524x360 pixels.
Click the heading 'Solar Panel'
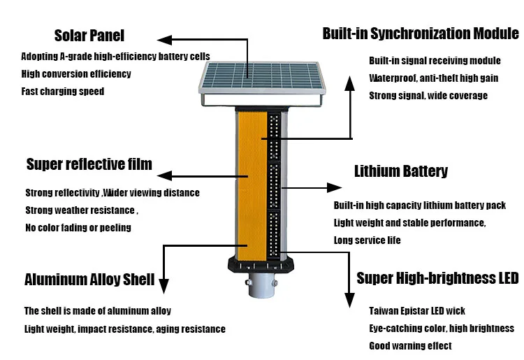click(x=89, y=36)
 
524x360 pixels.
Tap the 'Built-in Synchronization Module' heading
click(x=421, y=33)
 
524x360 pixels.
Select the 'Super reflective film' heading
click(x=89, y=165)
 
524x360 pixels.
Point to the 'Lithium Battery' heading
click(x=401, y=171)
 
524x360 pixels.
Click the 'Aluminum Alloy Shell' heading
click(x=89, y=280)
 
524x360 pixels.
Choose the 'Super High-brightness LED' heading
click(x=437, y=278)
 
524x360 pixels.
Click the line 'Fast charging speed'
click(x=63, y=92)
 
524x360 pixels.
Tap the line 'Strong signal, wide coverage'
click(x=428, y=96)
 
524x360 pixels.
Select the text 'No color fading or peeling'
click(x=78, y=227)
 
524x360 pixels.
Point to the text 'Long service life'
click(x=367, y=240)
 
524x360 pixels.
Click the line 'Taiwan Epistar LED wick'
click(x=417, y=310)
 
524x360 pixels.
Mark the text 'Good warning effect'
click(x=410, y=345)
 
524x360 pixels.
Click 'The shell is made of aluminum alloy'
click(x=98, y=310)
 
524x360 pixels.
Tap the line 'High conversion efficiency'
click(x=76, y=74)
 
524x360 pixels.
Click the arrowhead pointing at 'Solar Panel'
click(x=163, y=41)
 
